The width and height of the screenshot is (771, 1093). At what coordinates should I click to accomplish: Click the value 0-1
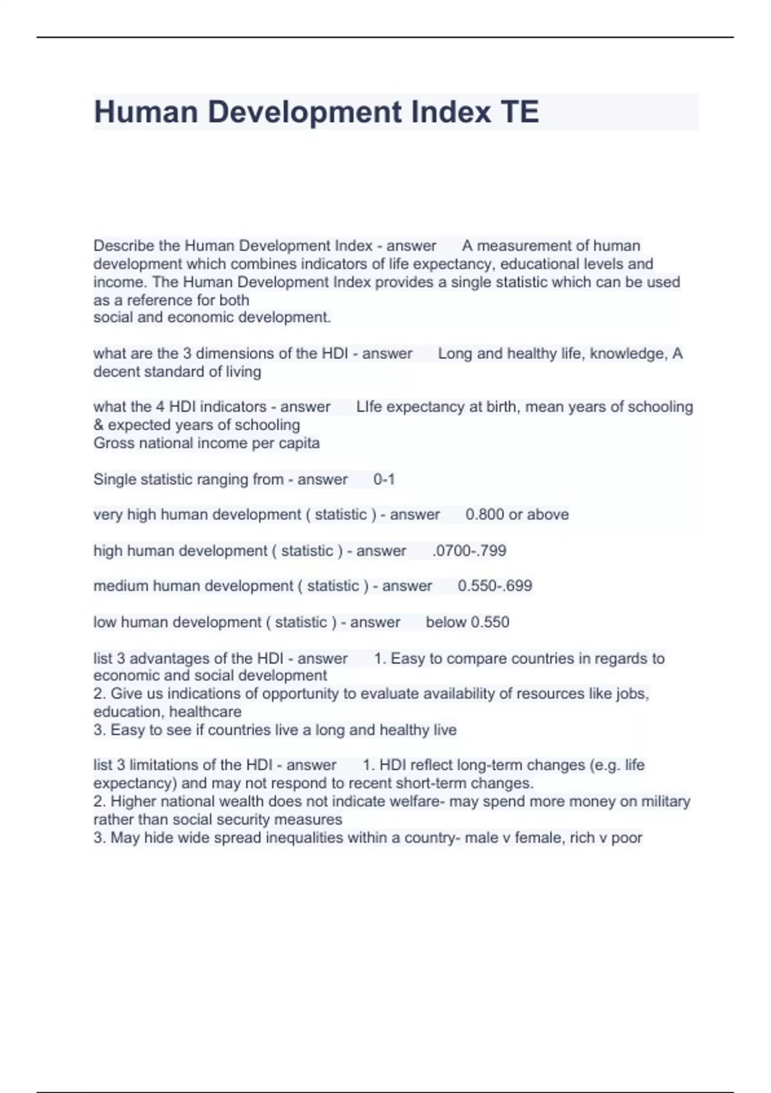pyautogui.click(x=384, y=480)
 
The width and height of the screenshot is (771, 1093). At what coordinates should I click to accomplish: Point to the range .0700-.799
pyautogui.click(x=470, y=551)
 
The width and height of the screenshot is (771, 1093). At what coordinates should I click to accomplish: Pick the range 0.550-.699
pyautogui.click(x=495, y=586)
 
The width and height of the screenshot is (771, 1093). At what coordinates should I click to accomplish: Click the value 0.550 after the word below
pyautogui.click(x=490, y=622)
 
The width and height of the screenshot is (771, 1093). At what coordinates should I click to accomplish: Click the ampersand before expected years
pyautogui.click(x=99, y=425)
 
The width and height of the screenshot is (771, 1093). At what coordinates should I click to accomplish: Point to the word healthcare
pyautogui.click(x=205, y=712)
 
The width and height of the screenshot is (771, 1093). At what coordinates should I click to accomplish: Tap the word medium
pyautogui.click(x=120, y=586)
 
